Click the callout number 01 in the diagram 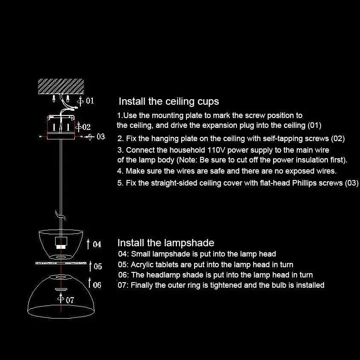(x=90, y=100)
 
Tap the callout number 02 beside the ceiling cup (x=86, y=127)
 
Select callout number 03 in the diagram (x=101, y=137)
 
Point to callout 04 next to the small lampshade (x=97, y=244)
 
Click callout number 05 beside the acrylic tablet (x=98, y=266)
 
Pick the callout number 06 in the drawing (x=97, y=285)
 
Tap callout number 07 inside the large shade (x=70, y=300)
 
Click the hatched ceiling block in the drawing (x=61, y=86)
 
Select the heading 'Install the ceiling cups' (x=169, y=101)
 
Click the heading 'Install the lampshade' (x=166, y=243)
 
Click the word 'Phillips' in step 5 (x=304, y=183)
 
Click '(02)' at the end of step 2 (x=338, y=139)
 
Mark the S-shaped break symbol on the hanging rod (x=60, y=215)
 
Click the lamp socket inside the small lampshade (x=61, y=243)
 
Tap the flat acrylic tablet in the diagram (x=61, y=263)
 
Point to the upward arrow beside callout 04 (x=88, y=244)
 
